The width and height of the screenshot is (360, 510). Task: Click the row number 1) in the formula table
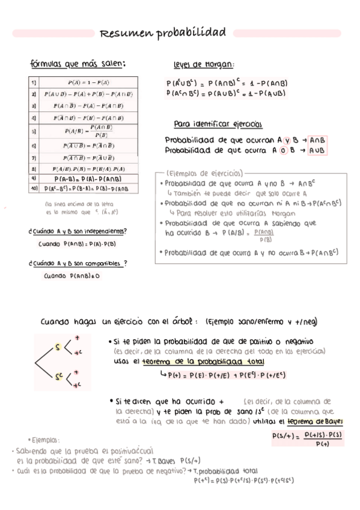click(x=34, y=82)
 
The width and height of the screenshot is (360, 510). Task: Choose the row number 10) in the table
click(x=34, y=189)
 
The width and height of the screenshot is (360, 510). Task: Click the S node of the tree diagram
click(x=58, y=347)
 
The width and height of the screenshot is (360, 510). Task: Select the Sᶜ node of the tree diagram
click(x=58, y=377)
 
